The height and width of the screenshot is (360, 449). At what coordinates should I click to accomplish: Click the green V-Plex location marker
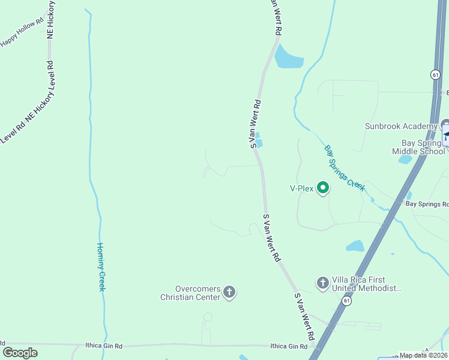323,188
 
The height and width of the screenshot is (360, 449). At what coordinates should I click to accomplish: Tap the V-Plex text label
302,189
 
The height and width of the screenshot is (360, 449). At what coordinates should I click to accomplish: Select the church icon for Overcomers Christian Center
229,292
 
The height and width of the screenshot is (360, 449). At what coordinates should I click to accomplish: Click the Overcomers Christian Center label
190,293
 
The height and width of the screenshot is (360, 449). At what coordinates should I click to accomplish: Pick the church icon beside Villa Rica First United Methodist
322,282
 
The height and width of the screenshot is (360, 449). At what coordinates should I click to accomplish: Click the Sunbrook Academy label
401,126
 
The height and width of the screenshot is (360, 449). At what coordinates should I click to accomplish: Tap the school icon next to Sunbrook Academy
445,125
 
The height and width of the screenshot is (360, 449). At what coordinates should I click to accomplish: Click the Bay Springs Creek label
345,168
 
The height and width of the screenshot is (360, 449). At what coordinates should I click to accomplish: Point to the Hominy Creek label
101,267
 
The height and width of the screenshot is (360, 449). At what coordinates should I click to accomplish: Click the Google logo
20,353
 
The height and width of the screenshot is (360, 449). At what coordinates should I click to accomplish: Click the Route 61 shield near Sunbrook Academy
435,74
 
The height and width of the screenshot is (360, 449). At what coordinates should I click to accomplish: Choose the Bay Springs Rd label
427,204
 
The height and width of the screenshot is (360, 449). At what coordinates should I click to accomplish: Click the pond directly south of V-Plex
355,246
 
